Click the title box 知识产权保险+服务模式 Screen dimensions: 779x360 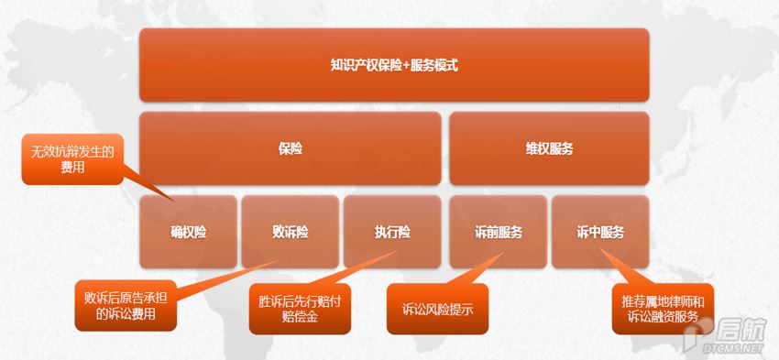394,65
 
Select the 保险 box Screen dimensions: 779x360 291,148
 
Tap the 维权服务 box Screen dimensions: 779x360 550,148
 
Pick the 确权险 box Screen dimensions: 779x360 188,232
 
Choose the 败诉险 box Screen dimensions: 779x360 291,232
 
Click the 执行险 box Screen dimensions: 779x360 392,232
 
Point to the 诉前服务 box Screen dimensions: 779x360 499,232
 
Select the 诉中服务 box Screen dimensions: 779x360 600,232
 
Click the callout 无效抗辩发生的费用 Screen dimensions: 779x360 72,158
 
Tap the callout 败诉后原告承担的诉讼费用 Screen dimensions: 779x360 126,306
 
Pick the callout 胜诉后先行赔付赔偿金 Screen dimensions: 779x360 300,309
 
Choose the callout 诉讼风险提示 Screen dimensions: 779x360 437,309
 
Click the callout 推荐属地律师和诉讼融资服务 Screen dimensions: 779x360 663,309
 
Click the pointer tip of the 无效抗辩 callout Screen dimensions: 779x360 173,202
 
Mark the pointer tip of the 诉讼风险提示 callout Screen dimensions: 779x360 504,252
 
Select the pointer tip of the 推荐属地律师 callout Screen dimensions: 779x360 600,248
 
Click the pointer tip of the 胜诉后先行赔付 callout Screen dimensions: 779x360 398,250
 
